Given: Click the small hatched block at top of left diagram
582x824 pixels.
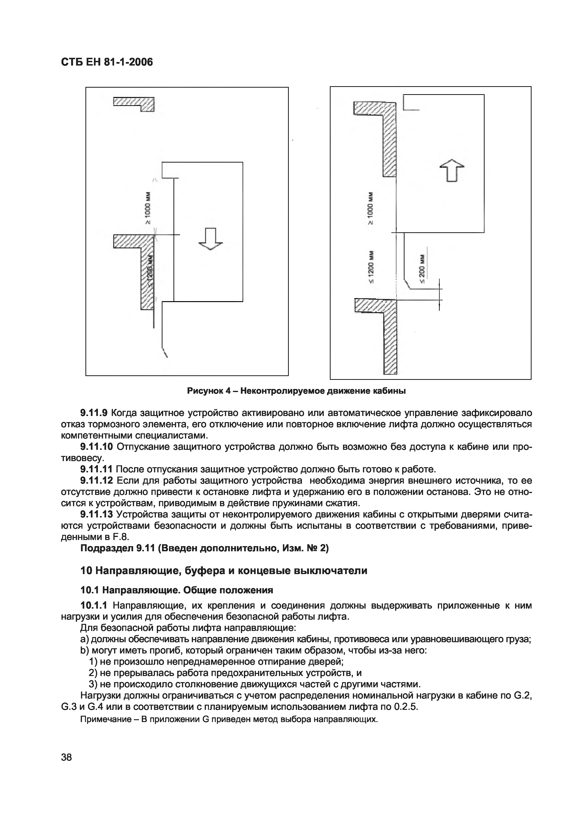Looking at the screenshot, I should coord(134,104).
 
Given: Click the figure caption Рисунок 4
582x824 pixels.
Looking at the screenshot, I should coord(296,391).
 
